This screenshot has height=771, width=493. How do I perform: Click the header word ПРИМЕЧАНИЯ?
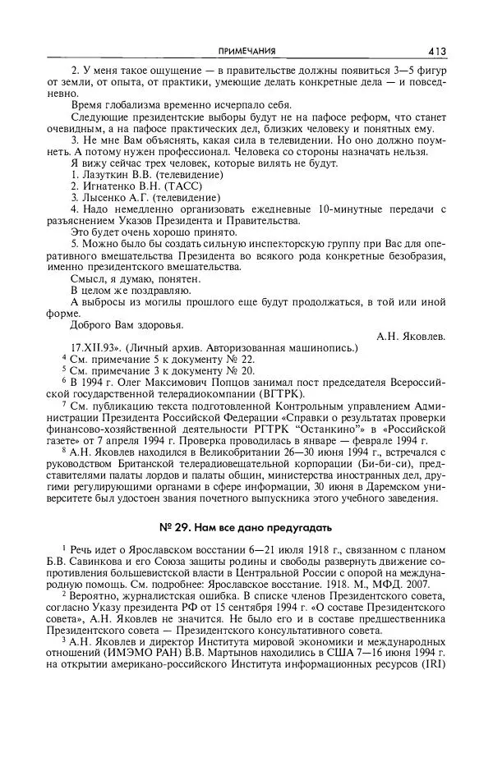pos(246,50)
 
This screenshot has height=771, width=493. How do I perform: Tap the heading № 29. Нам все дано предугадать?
pos(246,524)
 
